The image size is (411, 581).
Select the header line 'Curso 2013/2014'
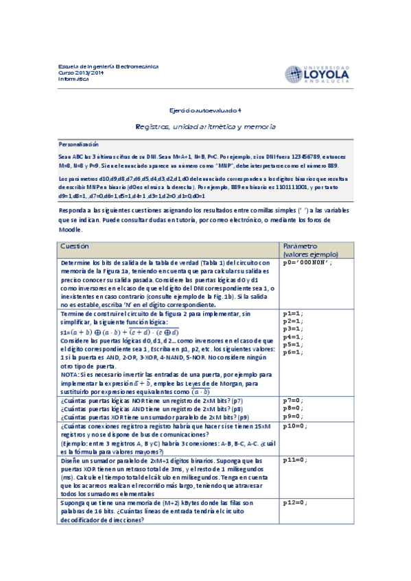point(81,73)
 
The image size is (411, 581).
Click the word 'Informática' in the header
point(73,79)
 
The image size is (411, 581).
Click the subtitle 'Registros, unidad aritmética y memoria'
point(205,127)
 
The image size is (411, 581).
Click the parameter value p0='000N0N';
point(307,263)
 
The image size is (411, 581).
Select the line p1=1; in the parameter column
point(293,313)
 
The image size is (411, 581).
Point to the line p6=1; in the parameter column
point(293,352)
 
